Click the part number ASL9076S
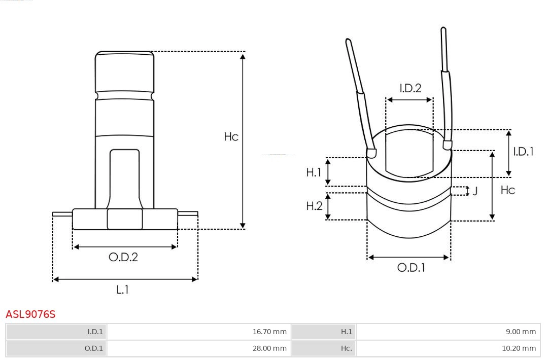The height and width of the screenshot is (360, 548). [x=30, y=314]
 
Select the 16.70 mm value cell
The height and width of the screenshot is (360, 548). [x=199, y=332]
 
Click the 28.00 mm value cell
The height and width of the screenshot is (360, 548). [x=199, y=348]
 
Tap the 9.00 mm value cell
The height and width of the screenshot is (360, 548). [x=448, y=332]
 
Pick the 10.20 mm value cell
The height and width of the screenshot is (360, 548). [x=448, y=348]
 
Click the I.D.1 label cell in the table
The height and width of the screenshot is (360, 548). [x=56, y=332]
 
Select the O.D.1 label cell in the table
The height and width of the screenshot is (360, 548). [x=56, y=348]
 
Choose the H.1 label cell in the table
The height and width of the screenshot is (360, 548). [x=324, y=332]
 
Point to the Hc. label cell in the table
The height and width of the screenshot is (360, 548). [x=324, y=348]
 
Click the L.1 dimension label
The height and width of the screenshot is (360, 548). [x=123, y=290]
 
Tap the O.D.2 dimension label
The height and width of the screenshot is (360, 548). [x=123, y=257]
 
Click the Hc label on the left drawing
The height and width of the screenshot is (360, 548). [x=231, y=137]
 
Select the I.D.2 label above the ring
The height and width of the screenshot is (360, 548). [x=410, y=88]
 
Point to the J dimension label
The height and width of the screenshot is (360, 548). [x=475, y=191]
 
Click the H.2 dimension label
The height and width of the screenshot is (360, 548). [x=314, y=206]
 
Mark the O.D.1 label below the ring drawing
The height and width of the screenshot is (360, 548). [x=411, y=268]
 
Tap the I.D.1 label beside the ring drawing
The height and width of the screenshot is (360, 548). [x=523, y=152]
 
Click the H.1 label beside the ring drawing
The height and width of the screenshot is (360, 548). [x=314, y=172]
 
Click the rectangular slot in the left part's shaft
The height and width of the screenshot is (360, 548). [x=124, y=177]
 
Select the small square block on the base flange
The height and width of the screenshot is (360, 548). [x=125, y=219]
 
